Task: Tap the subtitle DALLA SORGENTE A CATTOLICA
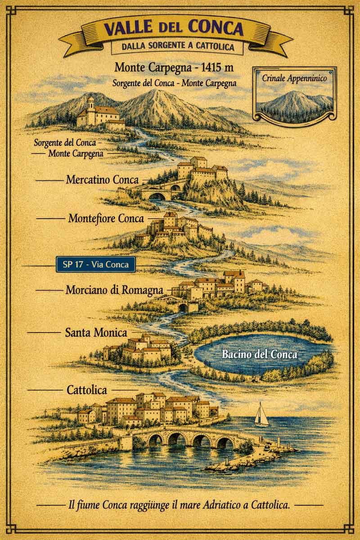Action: pos(173,46)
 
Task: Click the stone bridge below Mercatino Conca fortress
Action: pos(157,194)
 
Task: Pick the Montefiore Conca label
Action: pos(106,219)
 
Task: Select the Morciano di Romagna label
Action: pos(114,290)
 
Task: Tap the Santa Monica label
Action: pos(96,333)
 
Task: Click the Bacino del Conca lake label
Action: pos(260,354)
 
